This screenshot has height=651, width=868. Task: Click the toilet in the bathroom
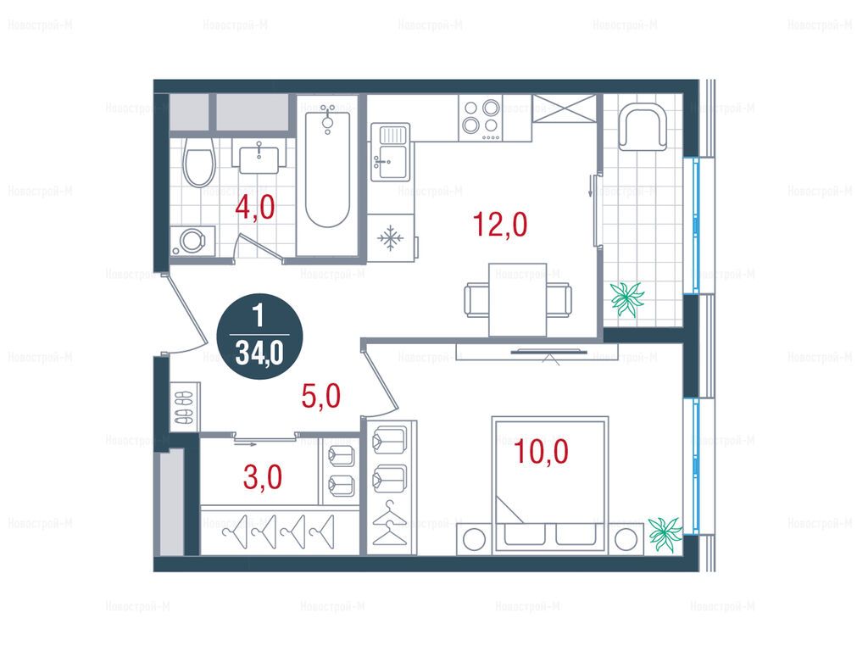199,161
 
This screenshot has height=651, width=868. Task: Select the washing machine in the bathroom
192,241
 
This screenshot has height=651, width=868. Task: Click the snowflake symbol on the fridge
391,238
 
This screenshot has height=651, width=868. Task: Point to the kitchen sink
390,152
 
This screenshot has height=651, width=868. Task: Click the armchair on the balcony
643,126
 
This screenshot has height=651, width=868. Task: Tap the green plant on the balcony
627,298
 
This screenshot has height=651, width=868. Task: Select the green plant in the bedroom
665,533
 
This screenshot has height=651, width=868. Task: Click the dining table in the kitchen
518,299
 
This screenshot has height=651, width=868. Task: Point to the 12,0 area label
500,225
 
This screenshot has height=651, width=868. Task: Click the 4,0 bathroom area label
254,209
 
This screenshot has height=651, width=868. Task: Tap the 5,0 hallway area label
321,397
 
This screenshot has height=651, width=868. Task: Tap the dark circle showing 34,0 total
259,337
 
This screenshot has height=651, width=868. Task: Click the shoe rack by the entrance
184,407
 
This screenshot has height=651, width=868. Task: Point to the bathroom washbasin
263,156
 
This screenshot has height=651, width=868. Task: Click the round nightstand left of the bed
475,539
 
